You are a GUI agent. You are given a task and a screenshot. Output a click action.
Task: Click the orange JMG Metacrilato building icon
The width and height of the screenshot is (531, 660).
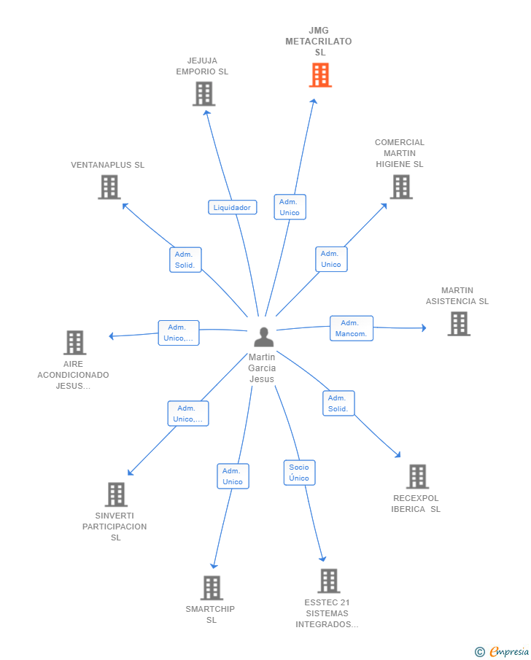click(x=320, y=75)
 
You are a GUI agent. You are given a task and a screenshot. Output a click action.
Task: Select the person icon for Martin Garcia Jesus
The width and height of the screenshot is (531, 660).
click(x=264, y=337)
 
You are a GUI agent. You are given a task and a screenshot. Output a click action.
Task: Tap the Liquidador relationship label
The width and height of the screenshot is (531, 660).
click(x=232, y=207)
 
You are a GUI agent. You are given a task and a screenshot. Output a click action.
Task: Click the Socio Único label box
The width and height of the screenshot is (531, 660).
click(x=299, y=473)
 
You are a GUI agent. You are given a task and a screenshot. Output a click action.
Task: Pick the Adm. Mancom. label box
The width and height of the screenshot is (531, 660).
click(x=351, y=328)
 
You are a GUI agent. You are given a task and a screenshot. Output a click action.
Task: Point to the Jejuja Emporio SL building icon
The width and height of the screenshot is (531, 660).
click(x=204, y=94)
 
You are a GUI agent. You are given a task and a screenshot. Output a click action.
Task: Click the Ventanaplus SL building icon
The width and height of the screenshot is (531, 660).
click(x=109, y=187)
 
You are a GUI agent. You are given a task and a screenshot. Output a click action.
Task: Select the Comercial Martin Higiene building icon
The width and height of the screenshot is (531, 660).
click(x=401, y=187)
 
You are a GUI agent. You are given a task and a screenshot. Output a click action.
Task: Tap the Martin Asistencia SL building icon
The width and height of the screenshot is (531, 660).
click(x=459, y=324)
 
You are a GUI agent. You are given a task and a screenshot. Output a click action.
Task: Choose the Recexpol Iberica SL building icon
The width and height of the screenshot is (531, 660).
click(x=417, y=476)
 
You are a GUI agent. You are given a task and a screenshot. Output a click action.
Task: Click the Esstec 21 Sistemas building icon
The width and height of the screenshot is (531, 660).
click(x=328, y=581)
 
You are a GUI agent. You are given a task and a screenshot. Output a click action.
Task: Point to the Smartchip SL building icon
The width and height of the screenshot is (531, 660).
click(x=212, y=588)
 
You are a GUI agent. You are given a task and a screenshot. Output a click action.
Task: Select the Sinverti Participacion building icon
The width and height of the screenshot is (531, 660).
click(x=116, y=494)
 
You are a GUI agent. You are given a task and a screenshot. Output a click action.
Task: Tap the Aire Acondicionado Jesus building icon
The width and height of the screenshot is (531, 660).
click(x=74, y=343)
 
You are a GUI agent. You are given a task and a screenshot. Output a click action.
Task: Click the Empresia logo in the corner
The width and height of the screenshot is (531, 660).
click(x=502, y=651)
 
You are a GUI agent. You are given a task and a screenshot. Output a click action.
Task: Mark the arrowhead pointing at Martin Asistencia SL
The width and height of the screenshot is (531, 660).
click(x=424, y=328)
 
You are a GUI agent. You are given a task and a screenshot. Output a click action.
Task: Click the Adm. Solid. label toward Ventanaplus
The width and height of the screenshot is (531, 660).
click(x=185, y=260)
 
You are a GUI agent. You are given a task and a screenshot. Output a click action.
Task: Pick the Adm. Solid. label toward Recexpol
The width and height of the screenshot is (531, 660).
click(x=338, y=403)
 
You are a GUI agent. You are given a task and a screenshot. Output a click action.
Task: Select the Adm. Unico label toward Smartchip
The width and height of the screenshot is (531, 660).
click(x=233, y=476)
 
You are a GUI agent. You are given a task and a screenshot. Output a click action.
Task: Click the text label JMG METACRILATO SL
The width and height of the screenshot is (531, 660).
click(x=319, y=42)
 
